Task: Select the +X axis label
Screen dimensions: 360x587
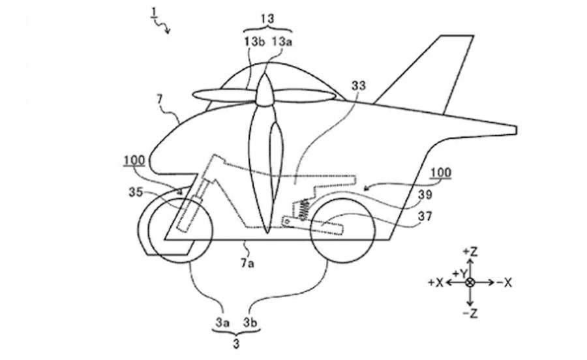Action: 436,282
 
